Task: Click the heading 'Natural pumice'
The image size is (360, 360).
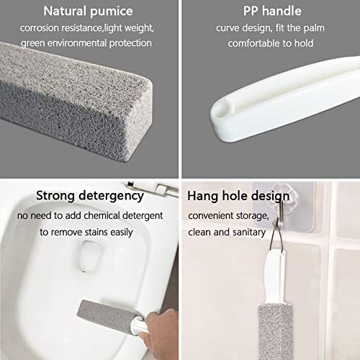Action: [87, 12]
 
